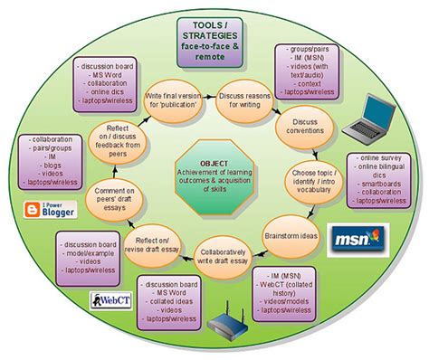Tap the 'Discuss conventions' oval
pos(300,131)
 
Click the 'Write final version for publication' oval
pos(174,96)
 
